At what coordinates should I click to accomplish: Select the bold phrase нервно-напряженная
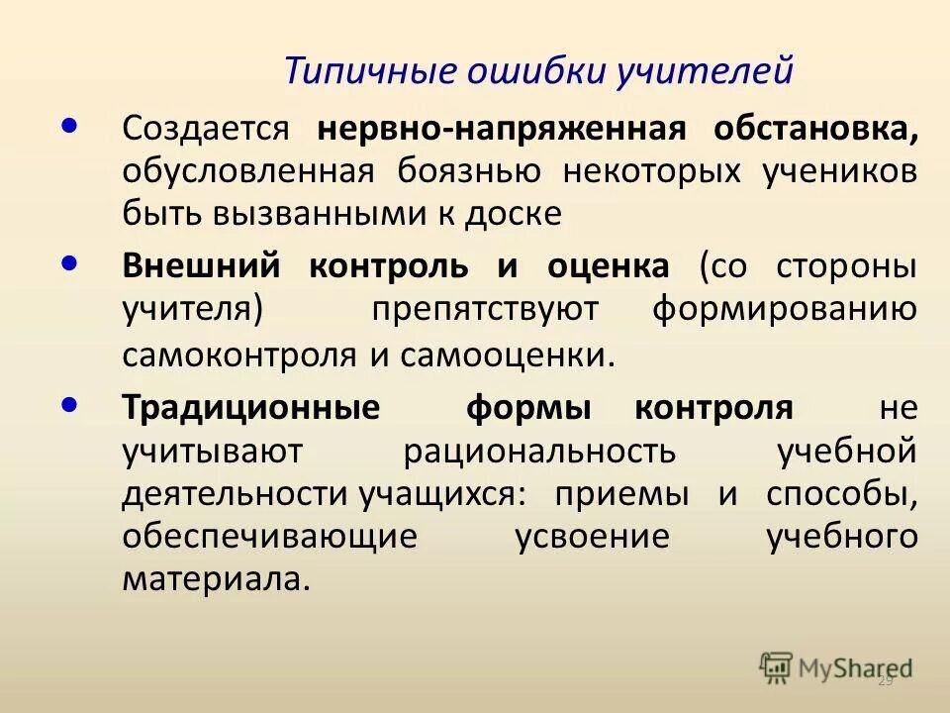pyautogui.click(x=502, y=129)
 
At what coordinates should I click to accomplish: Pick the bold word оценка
pyautogui.click(x=608, y=266)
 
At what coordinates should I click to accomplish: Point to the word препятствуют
pyautogui.click(x=485, y=308)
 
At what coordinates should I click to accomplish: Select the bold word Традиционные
pyautogui.click(x=250, y=407)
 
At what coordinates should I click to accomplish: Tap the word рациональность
pyautogui.click(x=539, y=450)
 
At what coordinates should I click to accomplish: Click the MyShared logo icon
pyautogui.click(x=776, y=666)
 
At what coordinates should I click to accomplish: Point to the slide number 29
pyautogui.click(x=886, y=680)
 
